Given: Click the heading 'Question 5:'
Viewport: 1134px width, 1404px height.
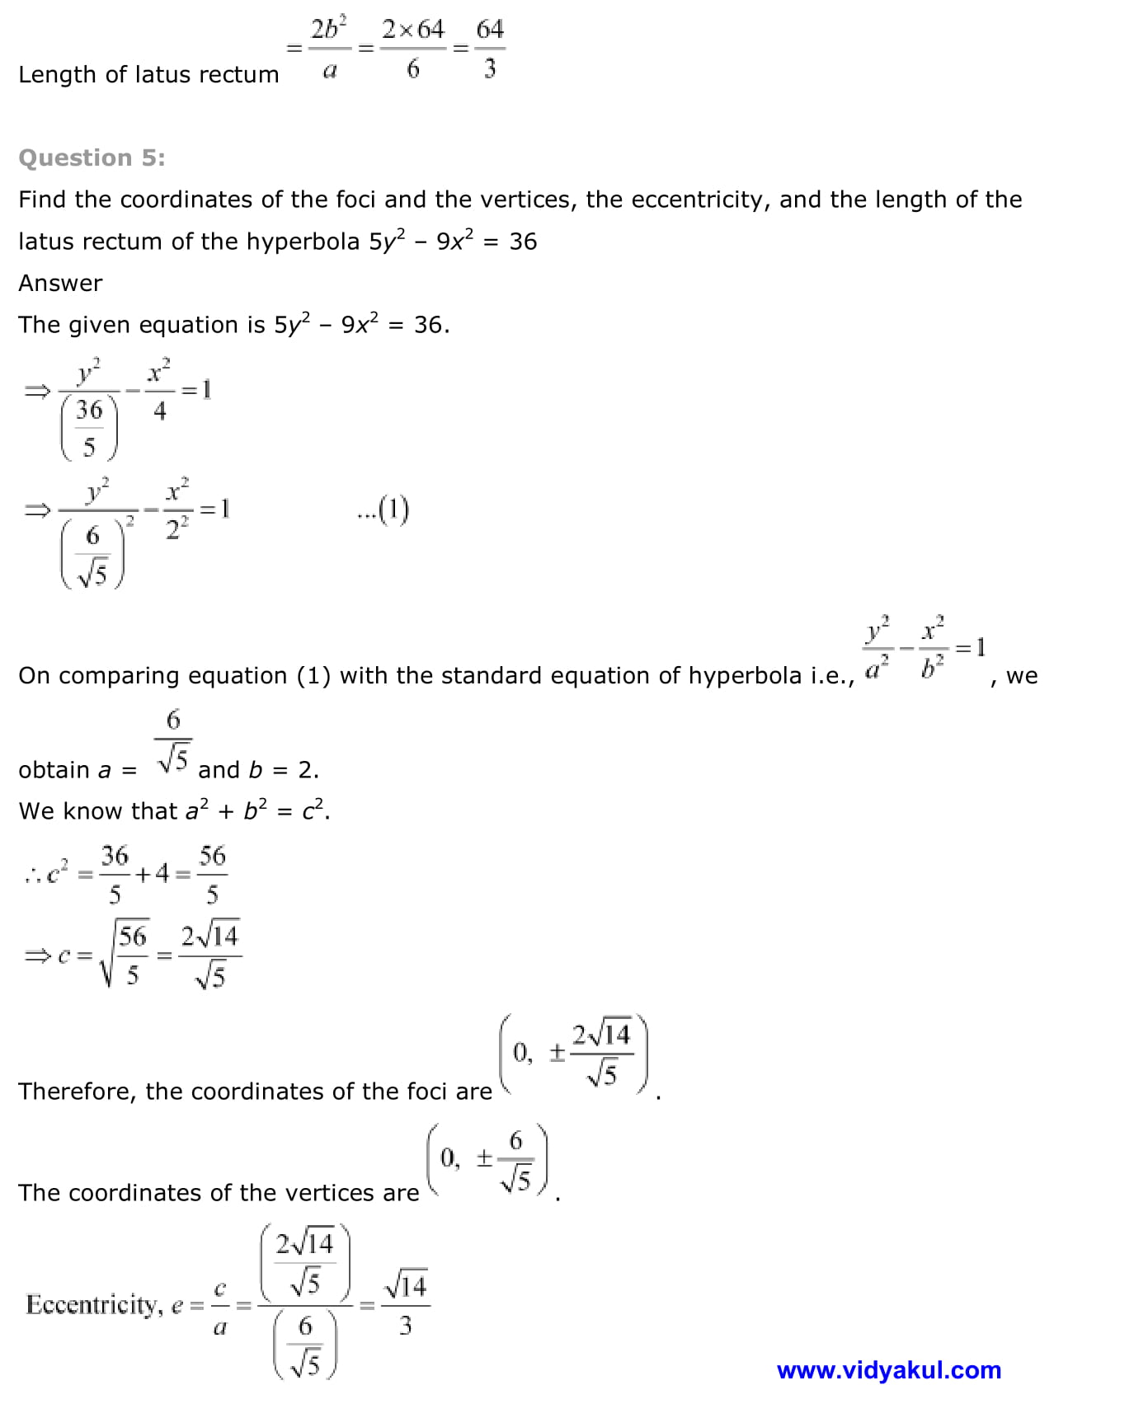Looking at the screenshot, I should click(92, 157).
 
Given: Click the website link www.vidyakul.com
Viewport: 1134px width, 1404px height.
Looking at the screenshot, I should click(888, 1370).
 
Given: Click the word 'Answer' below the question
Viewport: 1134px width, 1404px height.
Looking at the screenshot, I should click(60, 283).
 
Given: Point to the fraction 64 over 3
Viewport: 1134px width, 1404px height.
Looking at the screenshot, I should click(490, 49).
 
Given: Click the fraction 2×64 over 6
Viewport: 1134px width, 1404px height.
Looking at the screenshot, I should click(412, 49).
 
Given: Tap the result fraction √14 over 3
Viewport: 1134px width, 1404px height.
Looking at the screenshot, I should click(405, 1305).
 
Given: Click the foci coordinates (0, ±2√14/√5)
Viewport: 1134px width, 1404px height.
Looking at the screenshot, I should click(574, 1054).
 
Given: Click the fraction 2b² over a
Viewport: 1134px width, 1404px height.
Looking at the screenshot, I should click(329, 49).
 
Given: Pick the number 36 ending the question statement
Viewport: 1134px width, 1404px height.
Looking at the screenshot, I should click(523, 242).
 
